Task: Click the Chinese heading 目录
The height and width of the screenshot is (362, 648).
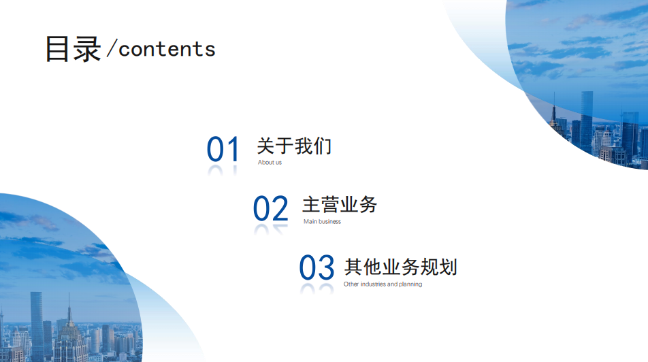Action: [73, 49]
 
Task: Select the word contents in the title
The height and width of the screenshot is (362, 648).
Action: [167, 49]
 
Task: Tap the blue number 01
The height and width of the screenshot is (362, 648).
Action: [223, 149]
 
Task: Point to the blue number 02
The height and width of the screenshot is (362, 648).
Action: [270, 208]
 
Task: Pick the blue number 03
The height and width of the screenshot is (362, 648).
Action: [317, 267]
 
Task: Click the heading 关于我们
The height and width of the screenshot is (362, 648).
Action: [294, 146]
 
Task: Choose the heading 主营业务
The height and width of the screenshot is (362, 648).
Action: [340, 205]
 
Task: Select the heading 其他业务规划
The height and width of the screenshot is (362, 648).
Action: [400, 267]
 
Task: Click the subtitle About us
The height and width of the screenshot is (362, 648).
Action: [270, 163]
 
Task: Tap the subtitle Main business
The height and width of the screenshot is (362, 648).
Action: [323, 222]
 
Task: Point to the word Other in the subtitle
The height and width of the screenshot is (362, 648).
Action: [351, 284]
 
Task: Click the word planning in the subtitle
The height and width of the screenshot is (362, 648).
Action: [410, 284]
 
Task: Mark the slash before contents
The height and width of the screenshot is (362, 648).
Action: [112, 48]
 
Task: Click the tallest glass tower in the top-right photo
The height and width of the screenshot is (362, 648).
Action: [587, 122]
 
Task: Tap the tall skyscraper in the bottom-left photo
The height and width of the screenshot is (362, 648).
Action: [37, 327]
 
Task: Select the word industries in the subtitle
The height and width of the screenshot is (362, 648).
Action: [373, 284]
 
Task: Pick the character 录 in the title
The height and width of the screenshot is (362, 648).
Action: [87, 49]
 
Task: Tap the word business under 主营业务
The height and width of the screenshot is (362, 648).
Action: [329, 222]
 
